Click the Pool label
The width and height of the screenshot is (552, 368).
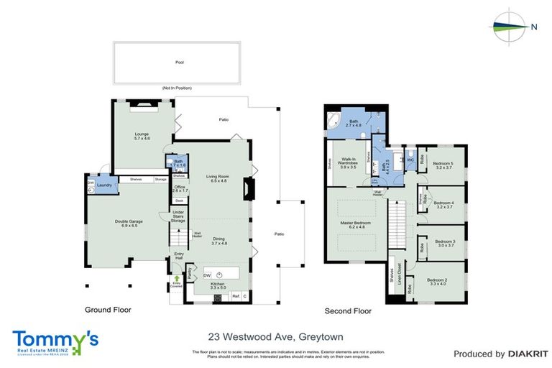[179, 63]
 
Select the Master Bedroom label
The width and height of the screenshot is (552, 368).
[354, 225]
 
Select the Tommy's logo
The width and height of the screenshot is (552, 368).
[55, 341]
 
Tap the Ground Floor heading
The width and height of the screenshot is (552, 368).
[109, 311]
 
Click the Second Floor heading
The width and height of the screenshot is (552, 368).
[348, 311]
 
